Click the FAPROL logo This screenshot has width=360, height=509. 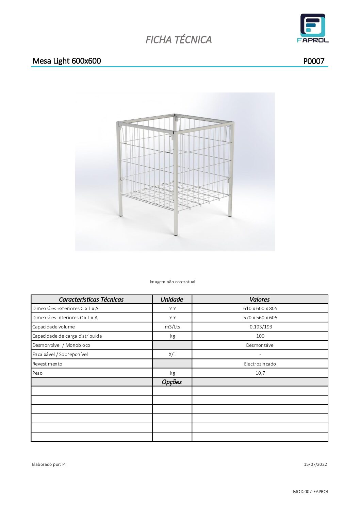pos(312,28)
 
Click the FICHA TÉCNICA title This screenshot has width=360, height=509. pos(179,40)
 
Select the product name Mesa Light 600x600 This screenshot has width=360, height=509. pos(67,61)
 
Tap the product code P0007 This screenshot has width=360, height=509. pos(314,61)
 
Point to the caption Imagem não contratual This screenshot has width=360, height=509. pos(173,282)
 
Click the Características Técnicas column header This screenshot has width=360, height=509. pos(91,299)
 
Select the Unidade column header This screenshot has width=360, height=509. pos(172,299)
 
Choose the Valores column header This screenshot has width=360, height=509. pos(260,299)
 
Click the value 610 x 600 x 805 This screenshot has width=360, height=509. pos(260,308)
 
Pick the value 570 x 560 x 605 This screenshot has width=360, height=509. pos(260,318)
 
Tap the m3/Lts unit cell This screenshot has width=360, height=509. pos(172,327)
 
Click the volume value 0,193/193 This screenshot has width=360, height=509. pos(260,327)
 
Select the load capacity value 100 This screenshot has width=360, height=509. pos(260,336)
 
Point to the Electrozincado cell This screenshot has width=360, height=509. pos(260,364)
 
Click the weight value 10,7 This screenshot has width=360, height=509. pos(260,373)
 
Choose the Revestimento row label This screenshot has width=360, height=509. pos(47,364)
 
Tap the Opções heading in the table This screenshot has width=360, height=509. pos(172,382)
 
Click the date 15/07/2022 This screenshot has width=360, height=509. pos(315,464)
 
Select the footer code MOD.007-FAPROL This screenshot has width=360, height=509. pos(311,491)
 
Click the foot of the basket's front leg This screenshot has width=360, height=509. pos(176,234)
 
